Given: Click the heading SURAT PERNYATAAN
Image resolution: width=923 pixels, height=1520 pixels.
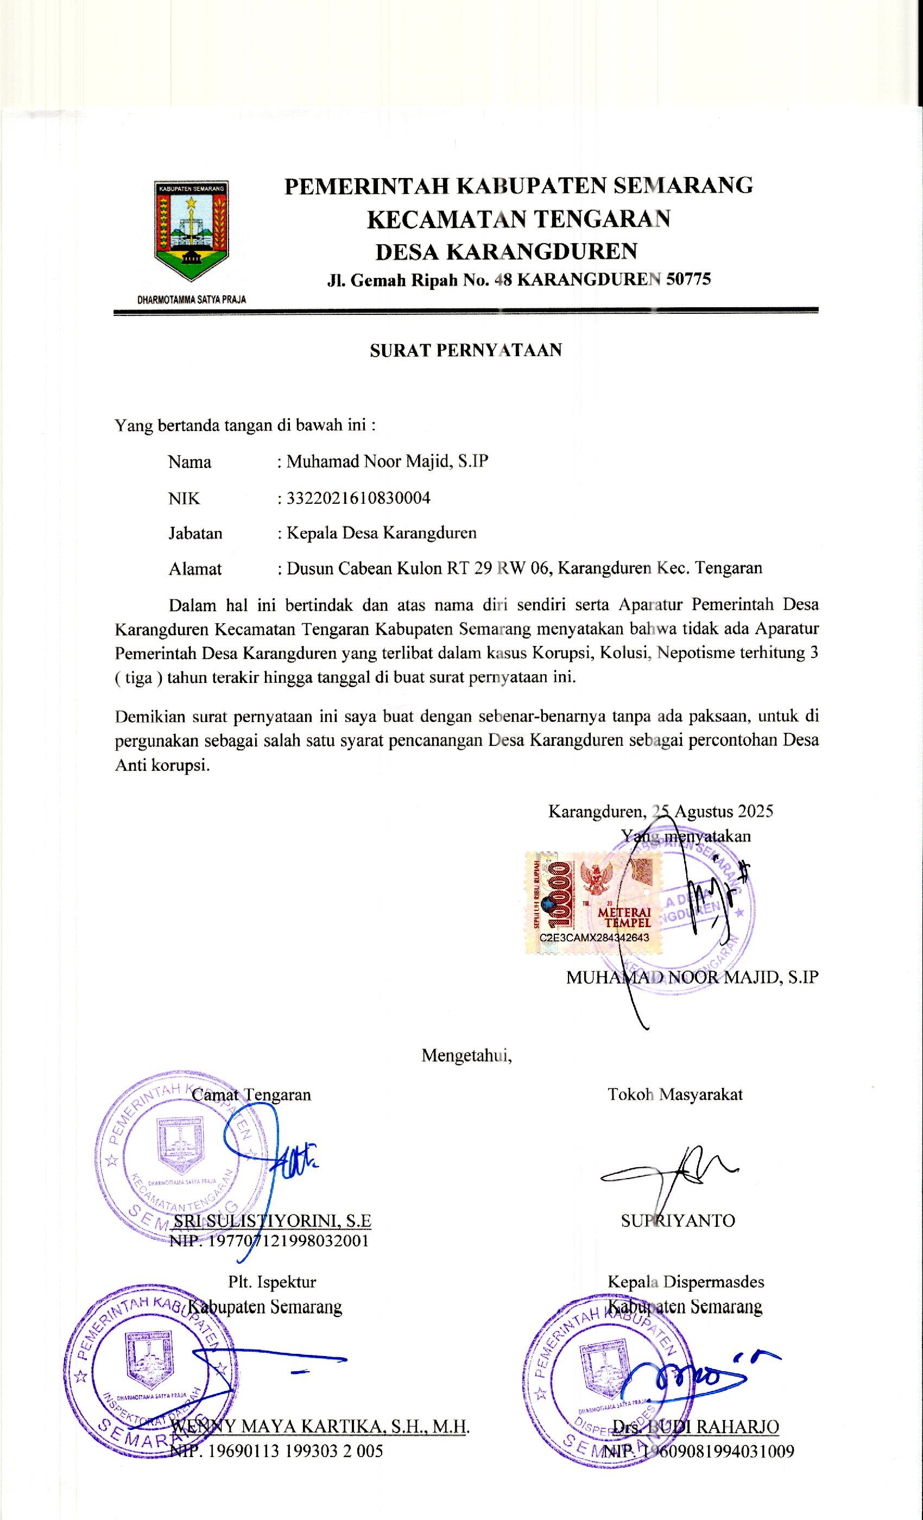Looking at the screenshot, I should click(466, 350).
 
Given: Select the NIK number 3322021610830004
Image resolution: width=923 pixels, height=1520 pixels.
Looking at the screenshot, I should click(358, 498).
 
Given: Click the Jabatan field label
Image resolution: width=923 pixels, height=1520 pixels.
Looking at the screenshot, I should click(195, 533).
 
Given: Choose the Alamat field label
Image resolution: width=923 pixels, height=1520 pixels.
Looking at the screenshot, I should click(195, 568).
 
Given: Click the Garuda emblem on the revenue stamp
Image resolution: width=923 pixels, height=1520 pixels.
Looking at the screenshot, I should click(596, 878).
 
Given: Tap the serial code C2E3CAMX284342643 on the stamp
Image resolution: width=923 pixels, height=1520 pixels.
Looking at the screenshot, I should click(594, 937).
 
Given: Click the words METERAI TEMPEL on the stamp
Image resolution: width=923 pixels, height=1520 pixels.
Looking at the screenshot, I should click(624, 917).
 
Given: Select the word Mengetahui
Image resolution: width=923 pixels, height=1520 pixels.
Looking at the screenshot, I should click(466, 1055).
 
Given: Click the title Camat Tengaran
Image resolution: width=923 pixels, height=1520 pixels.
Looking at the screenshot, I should click(251, 1095).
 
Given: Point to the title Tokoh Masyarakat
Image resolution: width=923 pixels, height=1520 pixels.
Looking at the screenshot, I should click(675, 1095).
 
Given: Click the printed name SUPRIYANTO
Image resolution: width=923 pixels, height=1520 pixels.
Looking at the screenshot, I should click(678, 1221).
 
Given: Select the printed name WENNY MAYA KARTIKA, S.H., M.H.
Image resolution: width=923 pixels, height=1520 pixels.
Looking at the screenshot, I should click(320, 1426).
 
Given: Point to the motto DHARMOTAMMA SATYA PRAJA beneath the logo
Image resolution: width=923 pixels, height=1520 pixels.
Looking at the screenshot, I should click(191, 300).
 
